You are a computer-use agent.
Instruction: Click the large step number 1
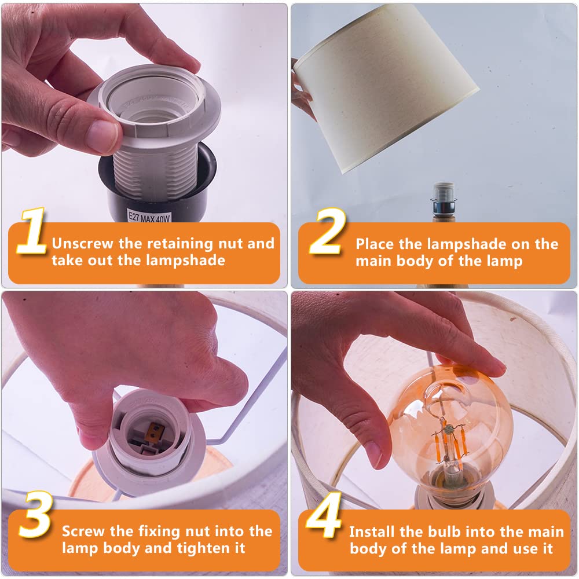(x=32, y=231)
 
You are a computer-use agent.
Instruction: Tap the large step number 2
(x=328, y=231)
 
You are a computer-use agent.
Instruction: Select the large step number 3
(x=35, y=514)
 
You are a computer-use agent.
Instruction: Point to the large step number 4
(x=324, y=515)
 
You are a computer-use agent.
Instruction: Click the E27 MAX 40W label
(x=149, y=217)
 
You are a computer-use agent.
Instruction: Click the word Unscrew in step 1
(x=83, y=243)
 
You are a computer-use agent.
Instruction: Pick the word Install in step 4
(x=372, y=532)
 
